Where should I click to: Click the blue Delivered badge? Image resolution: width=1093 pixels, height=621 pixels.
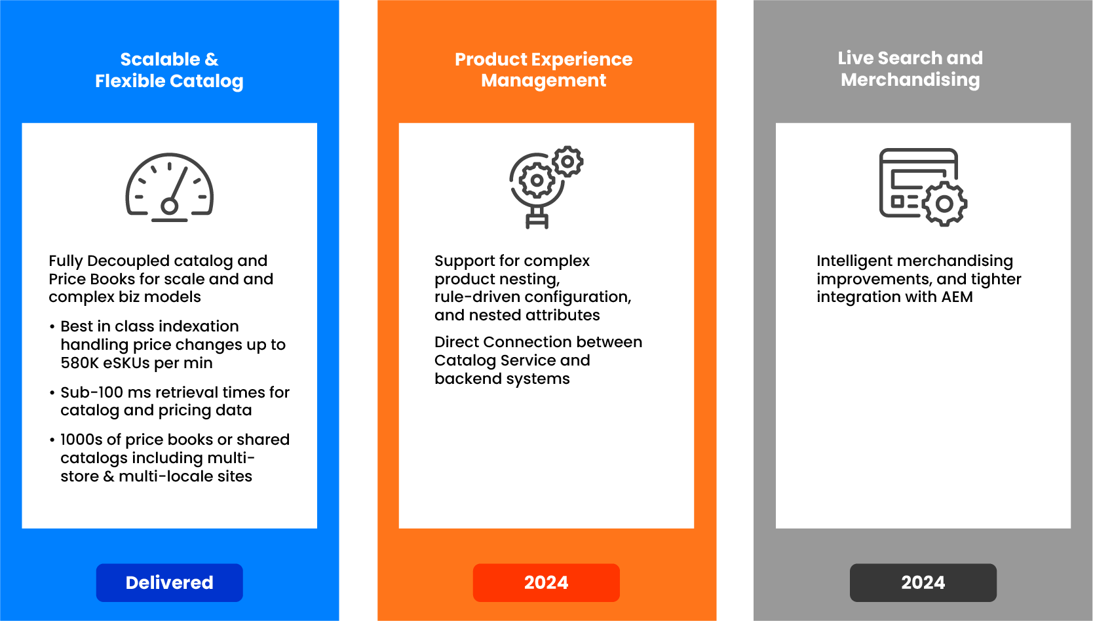tap(169, 582)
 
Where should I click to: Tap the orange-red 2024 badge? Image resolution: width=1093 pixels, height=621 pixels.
tap(546, 582)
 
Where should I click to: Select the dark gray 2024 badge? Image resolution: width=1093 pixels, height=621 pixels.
tap(923, 582)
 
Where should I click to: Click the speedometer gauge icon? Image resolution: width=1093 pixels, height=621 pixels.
tap(169, 188)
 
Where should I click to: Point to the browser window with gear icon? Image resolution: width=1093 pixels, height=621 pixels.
tap(923, 187)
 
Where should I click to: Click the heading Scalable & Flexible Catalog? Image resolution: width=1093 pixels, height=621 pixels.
tap(169, 69)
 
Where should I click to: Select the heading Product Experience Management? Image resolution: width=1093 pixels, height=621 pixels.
tap(544, 69)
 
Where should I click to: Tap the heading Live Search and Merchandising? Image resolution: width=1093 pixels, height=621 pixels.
tap(911, 69)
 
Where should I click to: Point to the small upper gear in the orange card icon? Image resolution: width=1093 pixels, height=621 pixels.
tap(567, 161)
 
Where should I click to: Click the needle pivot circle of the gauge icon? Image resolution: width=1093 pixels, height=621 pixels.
tap(169, 206)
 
